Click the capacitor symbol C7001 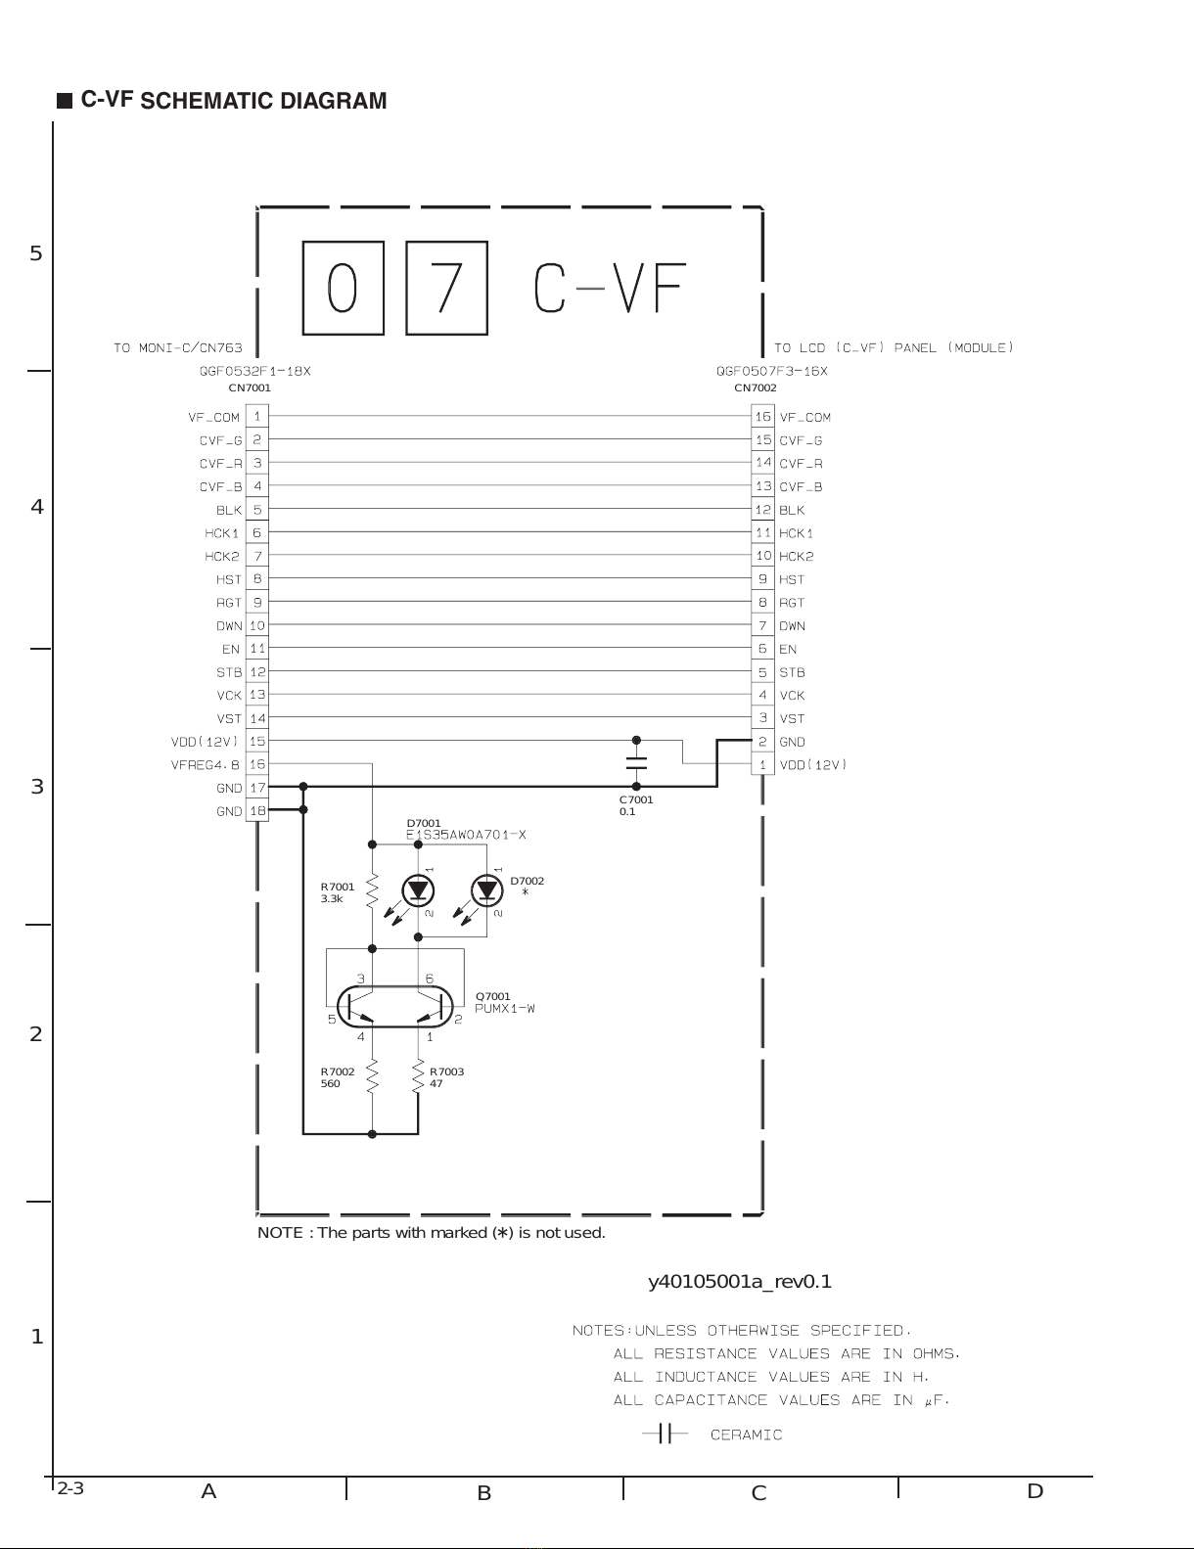[636, 763]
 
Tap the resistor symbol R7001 [372, 891]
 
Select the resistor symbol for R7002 [372, 1076]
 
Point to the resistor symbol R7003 [418, 1076]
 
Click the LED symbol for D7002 [486, 890]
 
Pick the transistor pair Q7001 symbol [396, 1006]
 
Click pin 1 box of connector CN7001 [257, 416]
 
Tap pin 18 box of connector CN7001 [257, 810]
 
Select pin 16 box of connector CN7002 [762, 416]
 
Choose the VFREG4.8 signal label [206, 764]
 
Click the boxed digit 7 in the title [446, 288]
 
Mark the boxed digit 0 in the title [343, 288]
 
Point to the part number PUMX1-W [505, 1009]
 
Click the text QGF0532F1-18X [255, 372]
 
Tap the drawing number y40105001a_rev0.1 [740, 1282]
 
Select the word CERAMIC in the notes [746, 1435]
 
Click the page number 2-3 [70, 1489]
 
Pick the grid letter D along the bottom [1035, 1491]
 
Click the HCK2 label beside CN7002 [797, 556]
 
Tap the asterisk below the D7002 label [526, 893]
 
